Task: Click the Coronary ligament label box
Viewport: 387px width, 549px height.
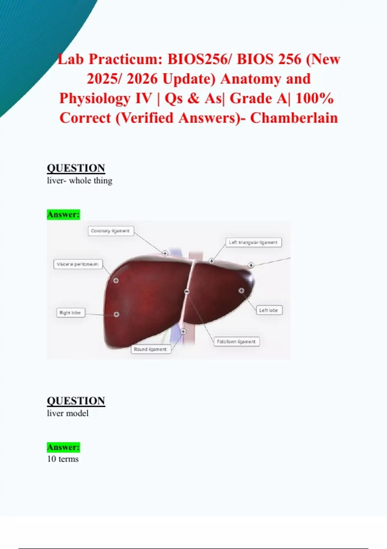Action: (x=111, y=231)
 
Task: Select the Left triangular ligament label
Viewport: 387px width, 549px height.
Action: (x=253, y=243)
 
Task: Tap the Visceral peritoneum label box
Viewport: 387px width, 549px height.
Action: (x=78, y=264)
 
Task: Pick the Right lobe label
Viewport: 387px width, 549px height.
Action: (x=71, y=313)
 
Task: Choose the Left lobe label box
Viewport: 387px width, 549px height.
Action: (x=269, y=310)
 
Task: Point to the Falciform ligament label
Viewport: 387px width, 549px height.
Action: (x=236, y=342)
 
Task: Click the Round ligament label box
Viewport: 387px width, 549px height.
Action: (x=151, y=349)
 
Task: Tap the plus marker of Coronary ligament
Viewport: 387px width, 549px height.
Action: (x=165, y=253)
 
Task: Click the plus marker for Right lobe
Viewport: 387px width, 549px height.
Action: (x=116, y=314)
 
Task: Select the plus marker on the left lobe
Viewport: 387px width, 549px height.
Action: (x=241, y=290)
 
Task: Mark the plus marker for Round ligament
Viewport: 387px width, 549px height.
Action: (x=184, y=331)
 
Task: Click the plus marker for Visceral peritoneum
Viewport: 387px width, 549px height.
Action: (x=116, y=281)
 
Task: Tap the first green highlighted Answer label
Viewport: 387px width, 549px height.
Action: (x=64, y=214)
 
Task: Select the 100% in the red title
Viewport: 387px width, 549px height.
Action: (x=315, y=98)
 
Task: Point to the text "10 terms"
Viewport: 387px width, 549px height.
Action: (x=63, y=459)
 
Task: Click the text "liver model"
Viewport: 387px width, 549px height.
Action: (x=68, y=413)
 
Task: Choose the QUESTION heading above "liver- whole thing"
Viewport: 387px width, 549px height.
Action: (x=76, y=168)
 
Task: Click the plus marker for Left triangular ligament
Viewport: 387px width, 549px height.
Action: (x=212, y=261)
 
